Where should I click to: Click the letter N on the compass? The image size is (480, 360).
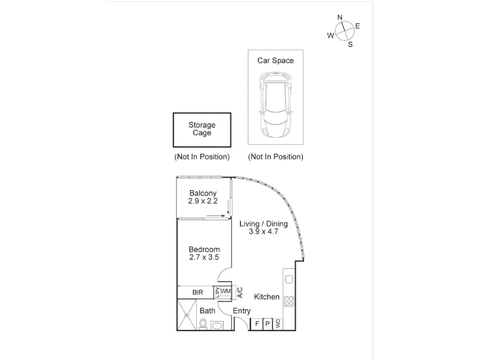(340, 17)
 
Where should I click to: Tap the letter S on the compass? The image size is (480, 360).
(350, 44)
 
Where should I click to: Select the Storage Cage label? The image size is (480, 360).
(202, 129)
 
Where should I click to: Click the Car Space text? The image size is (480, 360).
(275, 61)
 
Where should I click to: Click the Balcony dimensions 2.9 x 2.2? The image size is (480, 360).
(203, 201)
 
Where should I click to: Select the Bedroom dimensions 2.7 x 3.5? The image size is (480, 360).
(204, 257)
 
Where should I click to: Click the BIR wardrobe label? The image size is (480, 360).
(198, 292)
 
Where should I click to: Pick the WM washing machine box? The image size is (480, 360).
(226, 292)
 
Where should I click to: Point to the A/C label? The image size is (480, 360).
(241, 292)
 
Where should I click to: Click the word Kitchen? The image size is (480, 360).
(266, 296)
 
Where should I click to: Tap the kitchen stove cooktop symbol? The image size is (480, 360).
(289, 301)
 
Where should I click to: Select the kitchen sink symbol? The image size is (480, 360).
(289, 279)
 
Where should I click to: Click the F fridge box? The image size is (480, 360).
(257, 324)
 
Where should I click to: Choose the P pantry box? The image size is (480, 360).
(268, 324)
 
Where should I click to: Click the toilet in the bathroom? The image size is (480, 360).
(203, 323)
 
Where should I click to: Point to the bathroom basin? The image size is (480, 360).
(217, 325)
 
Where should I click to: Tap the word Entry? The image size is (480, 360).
(242, 311)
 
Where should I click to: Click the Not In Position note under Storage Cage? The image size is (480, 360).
(202, 157)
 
